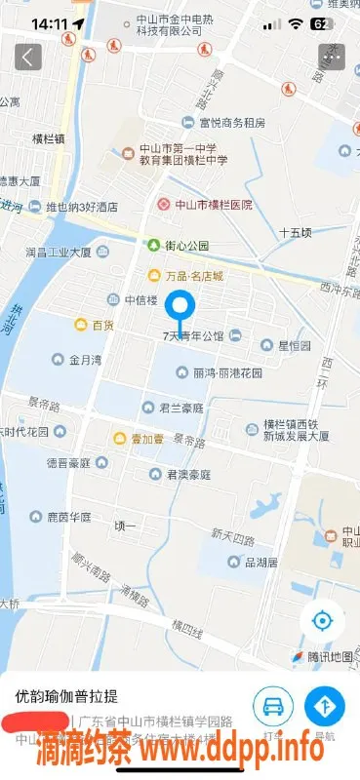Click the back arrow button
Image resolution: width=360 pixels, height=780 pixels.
28,57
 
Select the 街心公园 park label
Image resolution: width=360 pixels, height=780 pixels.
185,246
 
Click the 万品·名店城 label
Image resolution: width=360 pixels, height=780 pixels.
191,276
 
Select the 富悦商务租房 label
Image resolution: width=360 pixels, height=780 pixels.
231,123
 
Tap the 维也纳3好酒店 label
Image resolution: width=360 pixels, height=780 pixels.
82,207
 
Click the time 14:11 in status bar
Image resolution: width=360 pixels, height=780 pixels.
49,22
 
